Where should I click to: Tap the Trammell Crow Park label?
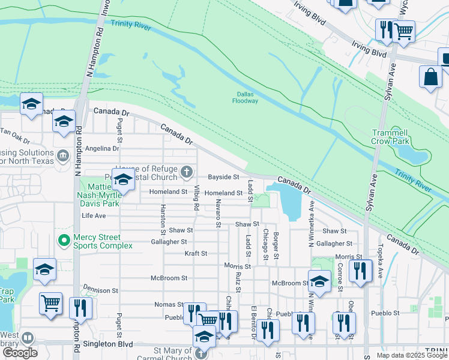pos(390,137)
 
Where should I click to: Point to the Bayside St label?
pos(223,178)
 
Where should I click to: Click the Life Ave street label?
pos(94,215)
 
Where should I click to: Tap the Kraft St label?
pos(196,254)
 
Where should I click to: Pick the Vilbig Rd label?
pos(196,198)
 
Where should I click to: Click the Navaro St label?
pos(218,214)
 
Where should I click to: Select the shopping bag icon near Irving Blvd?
pos(430,77)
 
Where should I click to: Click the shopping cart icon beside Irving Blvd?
pos(404,31)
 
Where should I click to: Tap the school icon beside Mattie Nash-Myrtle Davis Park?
pos(123,180)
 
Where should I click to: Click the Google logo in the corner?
pos(20,353)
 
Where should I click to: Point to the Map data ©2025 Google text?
pos(412,355)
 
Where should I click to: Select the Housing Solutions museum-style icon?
pos(63,156)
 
